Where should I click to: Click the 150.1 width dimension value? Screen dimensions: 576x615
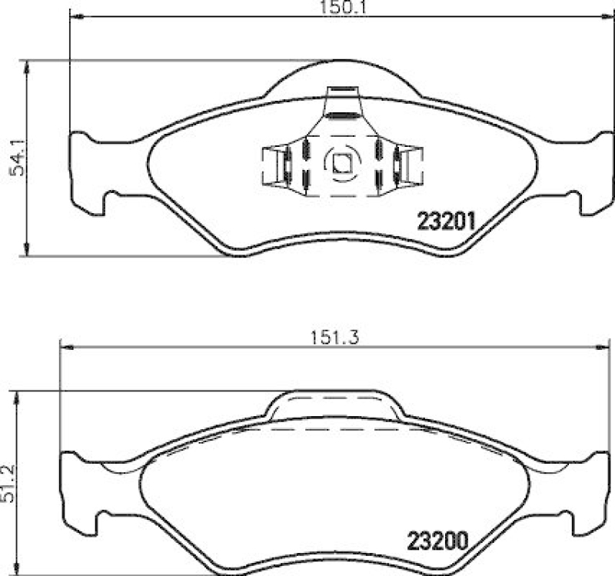point(336,7)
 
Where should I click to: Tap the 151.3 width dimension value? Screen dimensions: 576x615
point(335,335)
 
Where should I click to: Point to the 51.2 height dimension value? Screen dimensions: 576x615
point(8,482)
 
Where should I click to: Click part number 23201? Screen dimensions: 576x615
point(447,221)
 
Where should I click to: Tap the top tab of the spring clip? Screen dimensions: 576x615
point(342,102)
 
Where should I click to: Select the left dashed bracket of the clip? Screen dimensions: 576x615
point(272,165)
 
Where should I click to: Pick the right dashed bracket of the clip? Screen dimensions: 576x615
point(412,165)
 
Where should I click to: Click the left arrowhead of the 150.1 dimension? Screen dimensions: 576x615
point(75,17)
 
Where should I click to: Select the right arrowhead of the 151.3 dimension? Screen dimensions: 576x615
point(607,347)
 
